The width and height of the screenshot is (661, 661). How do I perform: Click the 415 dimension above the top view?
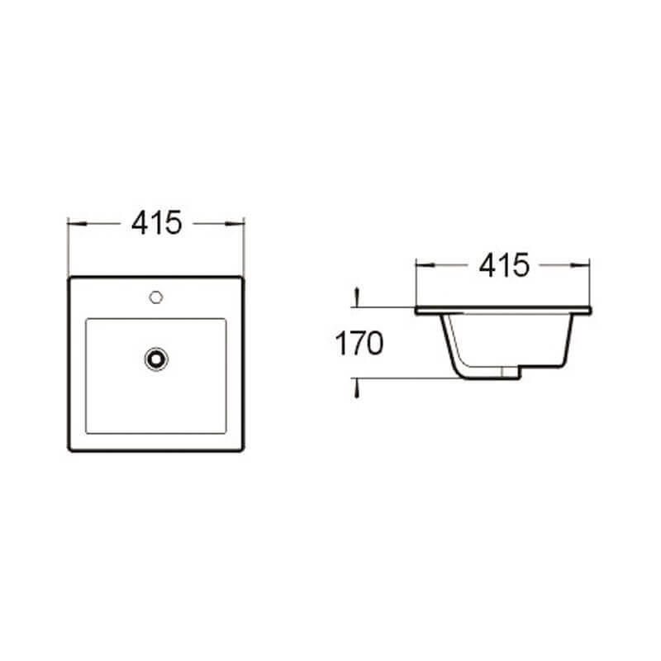(x=156, y=222)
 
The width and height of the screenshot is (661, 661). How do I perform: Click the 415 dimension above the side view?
(x=504, y=265)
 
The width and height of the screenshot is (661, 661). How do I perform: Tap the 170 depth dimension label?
(x=359, y=343)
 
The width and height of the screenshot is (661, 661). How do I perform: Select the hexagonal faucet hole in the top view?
(x=156, y=297)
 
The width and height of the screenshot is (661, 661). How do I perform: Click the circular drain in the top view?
(x=156, y=359)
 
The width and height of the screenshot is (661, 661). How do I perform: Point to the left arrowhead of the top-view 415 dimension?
(x=77, y=223)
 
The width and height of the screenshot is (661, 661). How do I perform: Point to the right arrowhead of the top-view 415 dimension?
(x=235, y=223)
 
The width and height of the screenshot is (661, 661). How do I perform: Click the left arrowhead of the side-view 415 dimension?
(x=425, y=265)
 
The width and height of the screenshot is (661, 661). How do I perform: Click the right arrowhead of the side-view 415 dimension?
(x=580, y=265)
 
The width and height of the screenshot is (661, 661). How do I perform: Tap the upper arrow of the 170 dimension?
(x=357, y=297)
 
